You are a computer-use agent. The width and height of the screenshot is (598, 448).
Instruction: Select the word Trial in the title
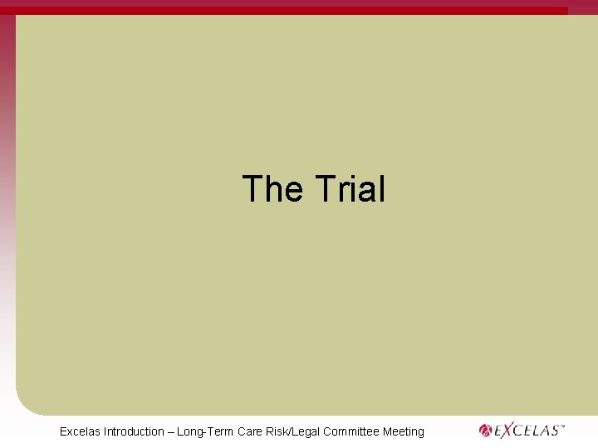tap(350, 189)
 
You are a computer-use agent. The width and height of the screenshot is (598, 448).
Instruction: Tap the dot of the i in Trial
tap(359, 175)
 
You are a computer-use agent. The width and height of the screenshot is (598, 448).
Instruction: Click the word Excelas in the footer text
tap(81, 431)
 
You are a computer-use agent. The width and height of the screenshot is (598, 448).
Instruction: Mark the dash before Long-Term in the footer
tap(171, 431)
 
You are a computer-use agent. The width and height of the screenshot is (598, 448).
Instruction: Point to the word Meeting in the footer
tap(404, 431)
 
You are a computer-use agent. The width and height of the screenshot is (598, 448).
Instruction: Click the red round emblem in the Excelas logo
tap(486, 431)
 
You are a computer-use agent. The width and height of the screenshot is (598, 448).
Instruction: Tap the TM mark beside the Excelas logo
tap(562, 426)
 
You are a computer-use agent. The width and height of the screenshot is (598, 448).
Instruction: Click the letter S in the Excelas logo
tap(553, 431)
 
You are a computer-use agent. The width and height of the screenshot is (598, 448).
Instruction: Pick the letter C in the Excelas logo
tap(520, 431)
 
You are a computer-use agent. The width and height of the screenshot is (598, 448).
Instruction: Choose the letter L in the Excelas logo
tap(537, 431)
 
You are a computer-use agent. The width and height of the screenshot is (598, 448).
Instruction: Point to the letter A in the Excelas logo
tap(545, 431)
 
